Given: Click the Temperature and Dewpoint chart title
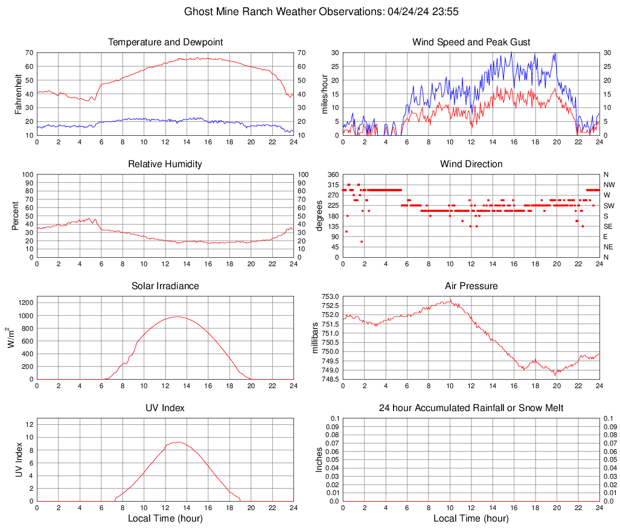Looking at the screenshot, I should point(165,42).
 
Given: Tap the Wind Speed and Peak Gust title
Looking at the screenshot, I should point(471,42).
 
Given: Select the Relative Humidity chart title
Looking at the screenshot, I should point(165,164).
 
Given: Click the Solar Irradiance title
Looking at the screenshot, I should point(165,286).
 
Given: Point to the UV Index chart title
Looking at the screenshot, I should point(165,408).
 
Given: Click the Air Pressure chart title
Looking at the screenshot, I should point(471,286).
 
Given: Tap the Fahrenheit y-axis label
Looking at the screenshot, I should point(18,94).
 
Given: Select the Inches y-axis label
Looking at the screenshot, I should point(319,459).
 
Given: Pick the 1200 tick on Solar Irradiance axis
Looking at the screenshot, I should point(25,300).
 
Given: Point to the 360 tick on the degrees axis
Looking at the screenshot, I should point(333,174).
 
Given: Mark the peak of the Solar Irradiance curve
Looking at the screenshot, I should point(177,316).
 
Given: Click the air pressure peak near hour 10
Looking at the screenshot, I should point(450,300).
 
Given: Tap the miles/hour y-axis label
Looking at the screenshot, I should point(324,94).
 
